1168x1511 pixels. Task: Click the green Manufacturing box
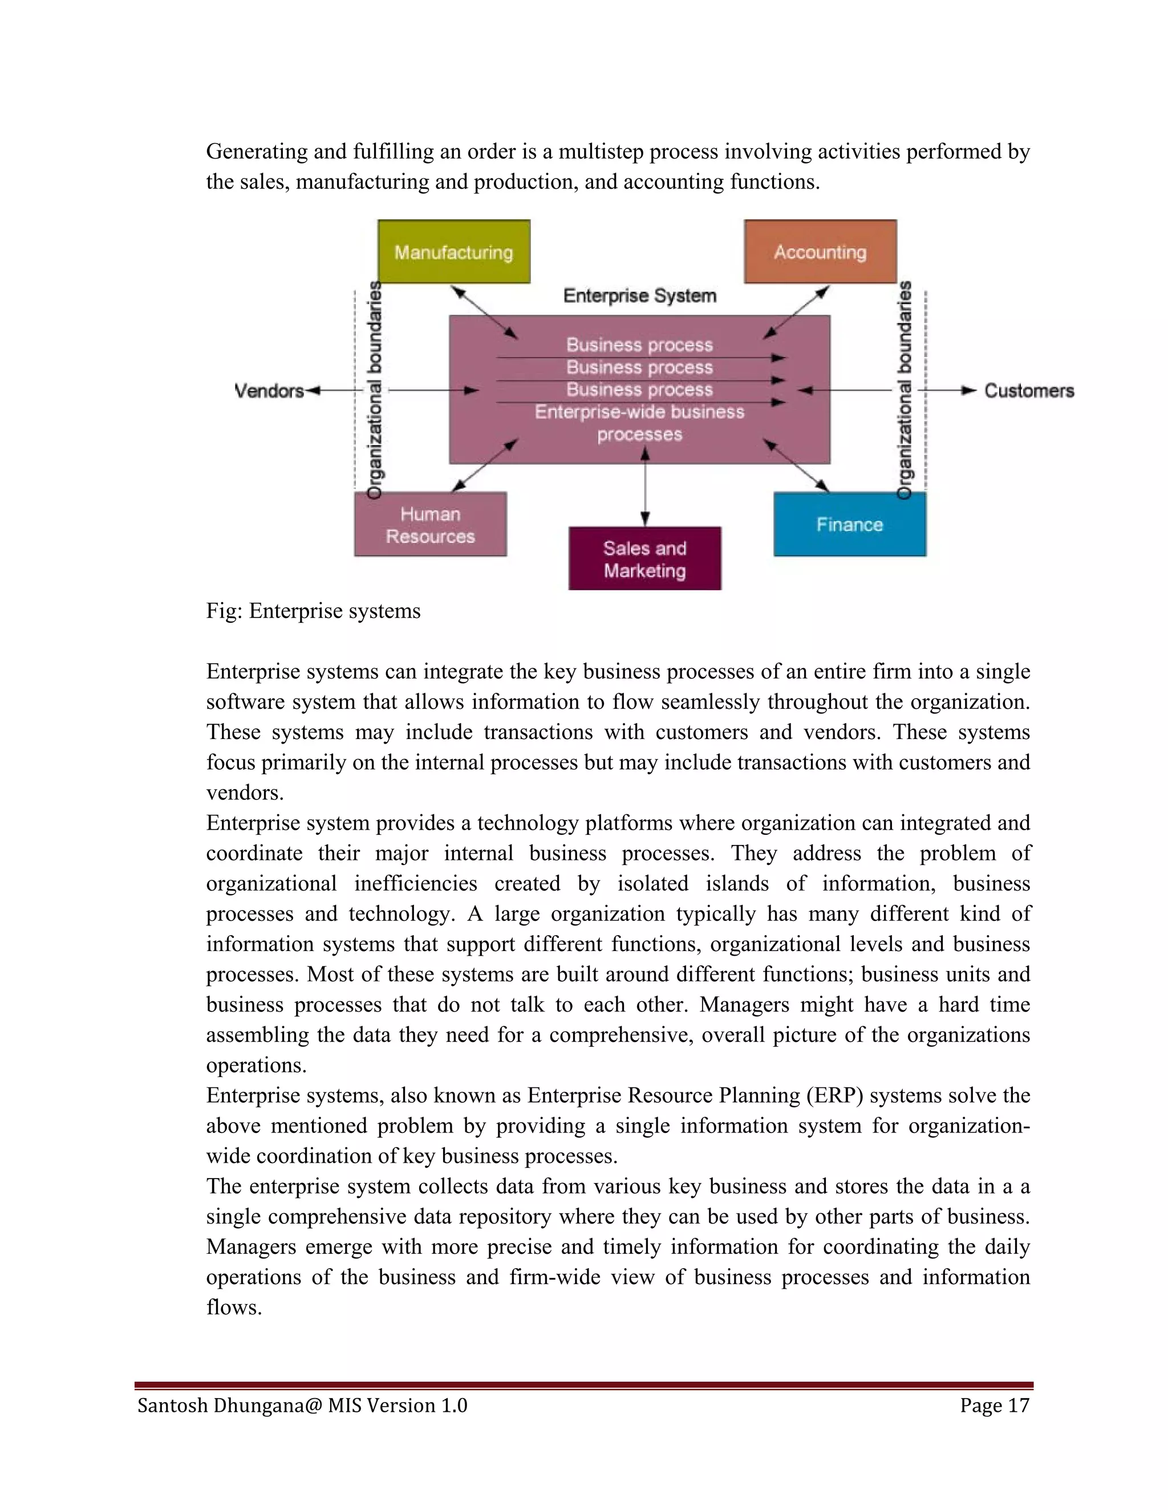(454, 252)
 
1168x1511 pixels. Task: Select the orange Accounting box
(820, 252)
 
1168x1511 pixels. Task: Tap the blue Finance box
(849, 525)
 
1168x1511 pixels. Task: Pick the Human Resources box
(431, 525)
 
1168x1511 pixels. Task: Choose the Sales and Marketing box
(644, 559)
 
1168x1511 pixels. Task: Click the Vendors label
(269, 391)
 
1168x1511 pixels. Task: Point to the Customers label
(1029, 391)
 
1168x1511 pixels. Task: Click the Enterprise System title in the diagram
(639, 296)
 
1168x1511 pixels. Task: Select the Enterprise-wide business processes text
(639, 423)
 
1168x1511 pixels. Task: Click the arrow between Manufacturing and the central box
(484, 312)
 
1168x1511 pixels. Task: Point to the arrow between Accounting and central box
(796, 312)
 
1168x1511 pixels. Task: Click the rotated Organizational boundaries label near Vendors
(374, 391)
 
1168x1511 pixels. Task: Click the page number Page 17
(994, 1405)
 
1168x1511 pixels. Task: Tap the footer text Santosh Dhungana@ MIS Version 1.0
(302, 1405)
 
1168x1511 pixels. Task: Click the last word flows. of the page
(234, 1307)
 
